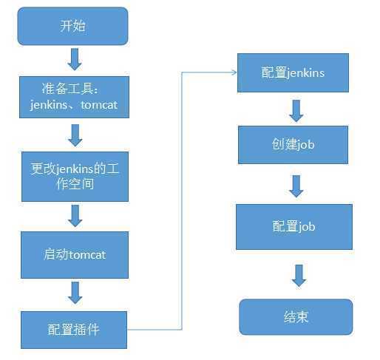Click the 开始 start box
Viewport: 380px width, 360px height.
pyautogui.click(x=72, y=26)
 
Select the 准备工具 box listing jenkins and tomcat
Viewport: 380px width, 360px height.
pyautogui.click(x=74, y=97)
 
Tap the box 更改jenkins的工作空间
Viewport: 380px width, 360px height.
pyautogui.click(x=75, y=177)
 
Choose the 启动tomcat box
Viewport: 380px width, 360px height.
pyautogui.click(x=75, y=255)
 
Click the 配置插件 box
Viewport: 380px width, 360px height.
pyautogui.click(x=74, y=330)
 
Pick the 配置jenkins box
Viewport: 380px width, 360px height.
pyautogui.click(x=293, y=72)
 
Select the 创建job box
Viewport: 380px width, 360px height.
pyautogui.click(x=293, y=145)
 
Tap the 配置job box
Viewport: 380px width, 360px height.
pyautogui.click(x=294, y=227)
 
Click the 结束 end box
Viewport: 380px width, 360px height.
pyautogui.click(x=296, y=317)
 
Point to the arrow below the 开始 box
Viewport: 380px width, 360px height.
pyautogui.click(x=75, y=59)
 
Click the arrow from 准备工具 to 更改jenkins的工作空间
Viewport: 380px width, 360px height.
pyautogui.click(x=75, y=135)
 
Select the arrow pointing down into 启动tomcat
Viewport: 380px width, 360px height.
pyautogui.click(x=75, y=216)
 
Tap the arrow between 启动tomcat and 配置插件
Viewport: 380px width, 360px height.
pyautogui.click(x=75, y=293)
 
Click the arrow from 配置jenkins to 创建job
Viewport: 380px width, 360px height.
pyautogui.click(x=296, y=111)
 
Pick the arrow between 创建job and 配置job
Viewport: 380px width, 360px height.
pyautogui.click(x=296, y=186)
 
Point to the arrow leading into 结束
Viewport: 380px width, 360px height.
pyautogui.click(x=299, y=276)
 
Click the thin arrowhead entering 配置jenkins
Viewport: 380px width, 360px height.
pyautogui.click(x=234, y=72)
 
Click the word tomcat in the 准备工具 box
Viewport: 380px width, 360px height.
pyautogui.click(x=99, y=105)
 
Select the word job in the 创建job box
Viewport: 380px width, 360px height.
pyautogui.click(x=305, y=145)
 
